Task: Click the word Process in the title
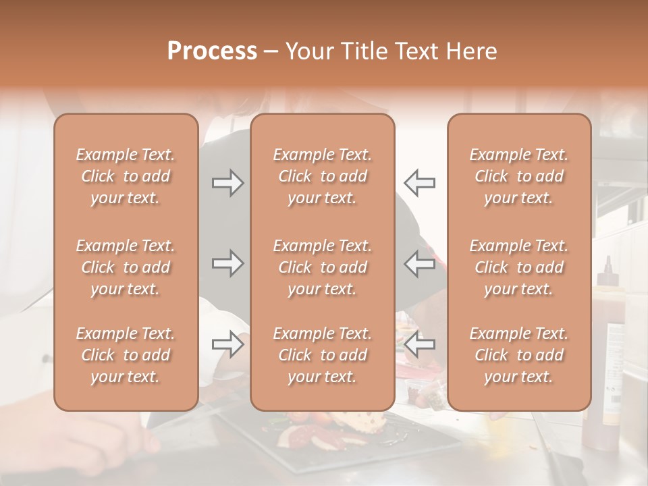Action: (212, 51)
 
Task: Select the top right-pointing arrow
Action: (227, 182)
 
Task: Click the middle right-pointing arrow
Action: (227, 263)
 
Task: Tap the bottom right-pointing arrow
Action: (227, 344)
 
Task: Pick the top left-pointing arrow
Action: (420, 182)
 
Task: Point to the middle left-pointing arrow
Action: (420, 263)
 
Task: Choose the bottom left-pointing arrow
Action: (420, 344)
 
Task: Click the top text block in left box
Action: (126, 176)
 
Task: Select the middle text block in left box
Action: (126, 267)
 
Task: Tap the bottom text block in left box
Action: (126, 355)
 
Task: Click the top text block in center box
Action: (323, 176)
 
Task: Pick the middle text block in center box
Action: (323, 267)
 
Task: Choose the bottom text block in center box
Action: (323, 355)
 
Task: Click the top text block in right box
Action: (519, 176)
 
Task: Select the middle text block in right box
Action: (519, 267)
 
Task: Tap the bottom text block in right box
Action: (519, 355)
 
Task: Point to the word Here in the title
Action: (470, 51)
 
